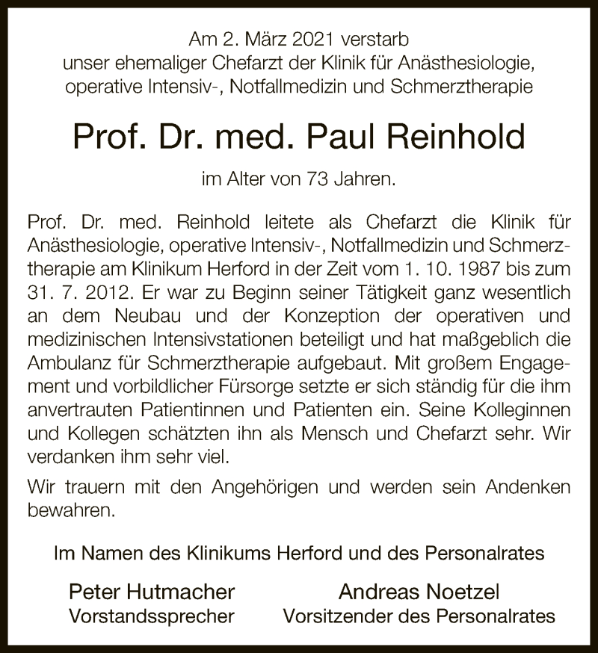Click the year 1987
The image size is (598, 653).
point(465,269)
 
